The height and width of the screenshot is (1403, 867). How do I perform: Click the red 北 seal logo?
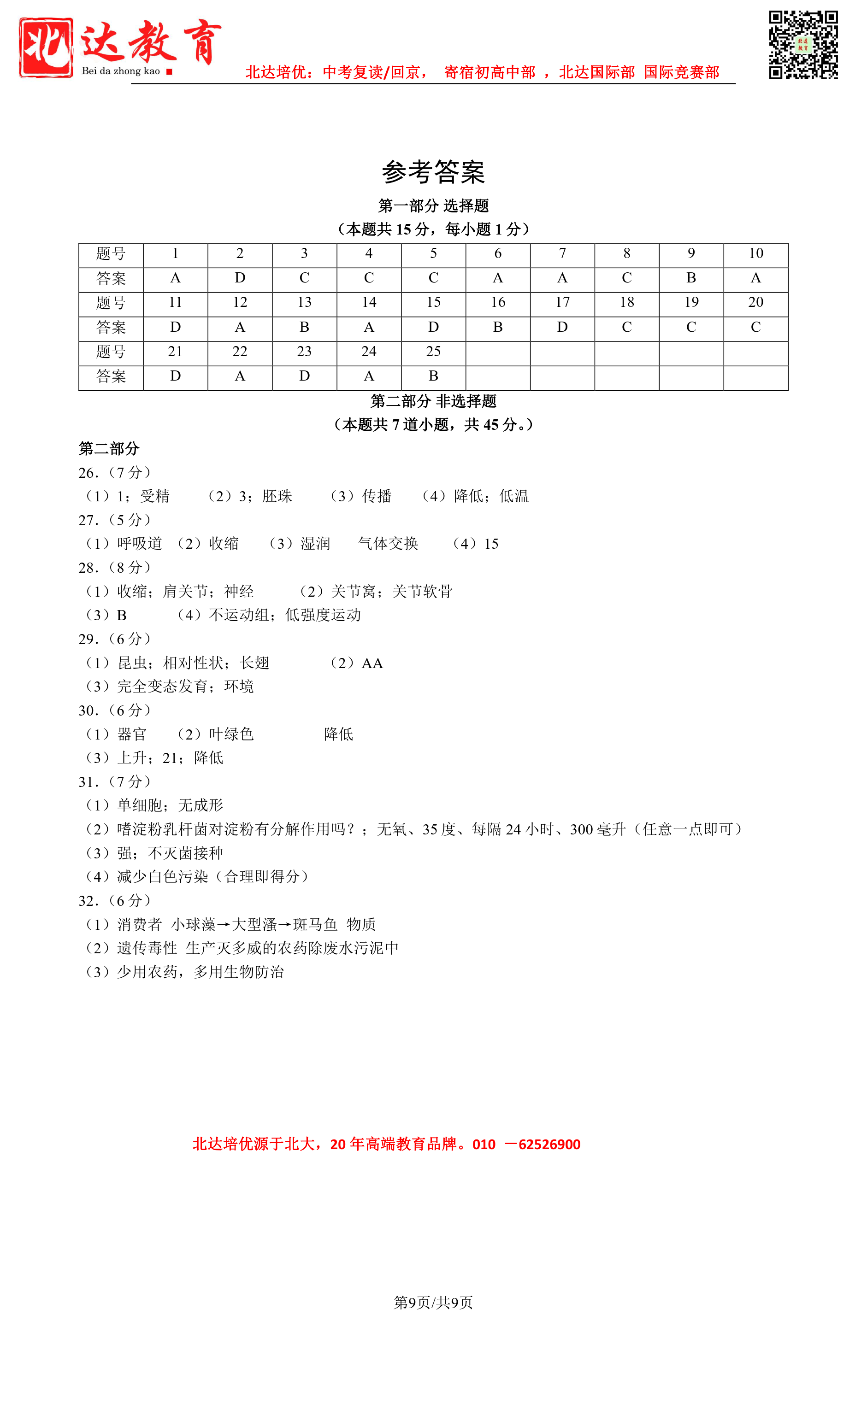click(x=46, y=47)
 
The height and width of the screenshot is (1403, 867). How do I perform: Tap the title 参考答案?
click(x=433, y=172)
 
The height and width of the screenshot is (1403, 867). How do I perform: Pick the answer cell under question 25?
click(x=433, y=376)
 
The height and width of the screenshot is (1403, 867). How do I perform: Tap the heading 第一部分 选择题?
click(x=433, y=206)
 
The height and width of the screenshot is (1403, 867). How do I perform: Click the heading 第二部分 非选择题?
click(x=433, y=401)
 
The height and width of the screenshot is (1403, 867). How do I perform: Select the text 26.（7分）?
click(x=115, y=473)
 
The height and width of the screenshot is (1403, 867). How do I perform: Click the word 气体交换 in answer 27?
click(x=388, y=543)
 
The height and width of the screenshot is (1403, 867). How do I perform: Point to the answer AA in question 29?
click(x=372, y=663)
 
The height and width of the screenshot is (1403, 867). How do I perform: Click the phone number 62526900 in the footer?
click(x=549, y=1145)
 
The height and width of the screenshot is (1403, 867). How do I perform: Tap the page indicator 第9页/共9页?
click(x=433, y=1303)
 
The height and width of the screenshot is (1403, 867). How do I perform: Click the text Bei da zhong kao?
click(x=121, y=71)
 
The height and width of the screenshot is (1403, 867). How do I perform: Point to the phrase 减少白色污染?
click(x=163, y=877)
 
